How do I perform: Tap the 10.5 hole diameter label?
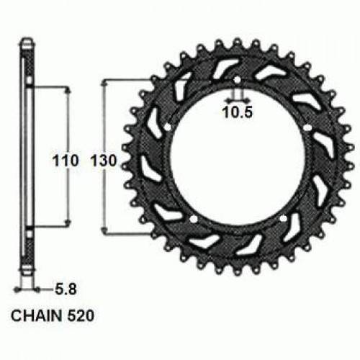236,112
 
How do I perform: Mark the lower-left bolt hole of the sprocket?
194,217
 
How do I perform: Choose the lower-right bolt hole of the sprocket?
282,217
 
